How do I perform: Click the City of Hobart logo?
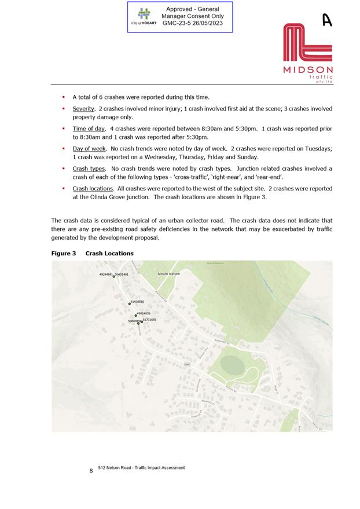(144, 16)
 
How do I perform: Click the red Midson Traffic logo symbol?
(307, 43)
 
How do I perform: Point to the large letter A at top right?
(327, 20)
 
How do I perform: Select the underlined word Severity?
(83, 109)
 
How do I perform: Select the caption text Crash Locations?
(109, 254)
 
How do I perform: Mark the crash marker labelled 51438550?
(130, 303)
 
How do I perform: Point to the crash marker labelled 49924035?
(135, 316)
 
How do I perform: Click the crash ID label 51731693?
(149, 320)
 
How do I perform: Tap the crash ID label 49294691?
(106, 274)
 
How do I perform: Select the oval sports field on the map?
(232, 366)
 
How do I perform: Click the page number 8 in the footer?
(91, 471)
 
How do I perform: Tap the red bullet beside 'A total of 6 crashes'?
(63, 97)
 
